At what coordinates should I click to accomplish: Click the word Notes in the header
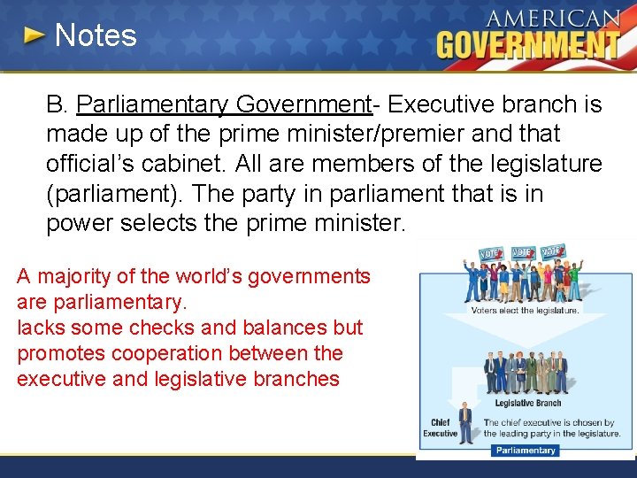point(96,35)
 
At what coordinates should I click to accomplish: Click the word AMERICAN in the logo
point(554,19)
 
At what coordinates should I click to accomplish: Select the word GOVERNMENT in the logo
point(528,44)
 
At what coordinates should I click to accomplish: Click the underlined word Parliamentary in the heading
point(152,104)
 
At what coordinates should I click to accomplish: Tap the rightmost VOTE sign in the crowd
point(554,251)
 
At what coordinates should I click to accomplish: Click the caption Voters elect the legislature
point(526,311)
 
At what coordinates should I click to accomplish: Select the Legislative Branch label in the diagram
point(528,403)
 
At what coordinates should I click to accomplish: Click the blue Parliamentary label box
point(526,450)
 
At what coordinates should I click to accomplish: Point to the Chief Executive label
point(440,428)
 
